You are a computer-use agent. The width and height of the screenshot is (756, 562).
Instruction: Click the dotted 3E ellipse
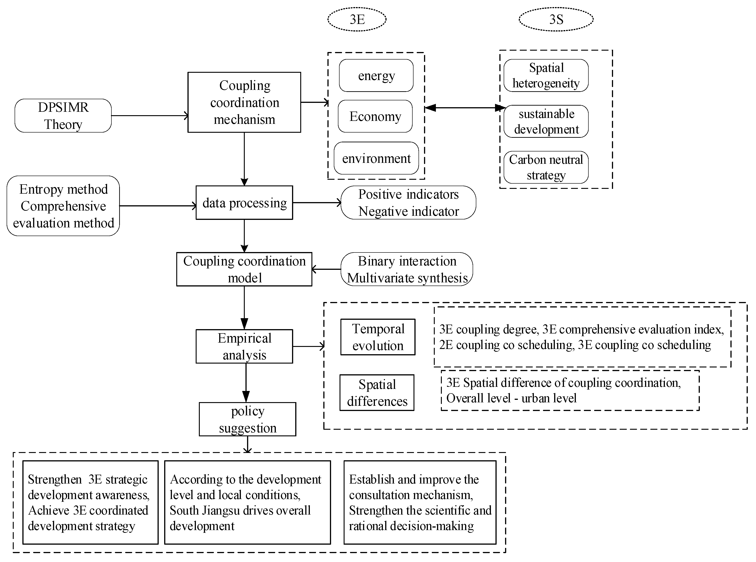click(357, 19)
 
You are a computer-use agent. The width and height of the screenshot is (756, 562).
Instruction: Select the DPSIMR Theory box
click(63, 116)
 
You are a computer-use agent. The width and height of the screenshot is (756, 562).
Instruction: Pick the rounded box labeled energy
click(376, 75)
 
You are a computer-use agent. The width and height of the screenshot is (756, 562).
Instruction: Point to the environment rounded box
click(376, 158)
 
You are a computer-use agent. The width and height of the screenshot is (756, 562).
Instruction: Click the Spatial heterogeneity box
click(546, 75)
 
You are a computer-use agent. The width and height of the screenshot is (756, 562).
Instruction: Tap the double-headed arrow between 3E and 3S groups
click(465, 108)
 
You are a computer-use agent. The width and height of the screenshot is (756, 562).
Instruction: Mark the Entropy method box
click(63, 206)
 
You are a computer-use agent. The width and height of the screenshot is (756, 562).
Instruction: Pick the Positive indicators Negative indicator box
click(408, 203)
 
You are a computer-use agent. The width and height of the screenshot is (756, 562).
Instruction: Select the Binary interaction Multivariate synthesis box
click(407, 269)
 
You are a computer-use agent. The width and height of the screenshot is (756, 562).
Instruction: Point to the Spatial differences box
click(377, 393)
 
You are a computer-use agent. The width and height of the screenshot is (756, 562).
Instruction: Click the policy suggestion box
click(248, 419)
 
